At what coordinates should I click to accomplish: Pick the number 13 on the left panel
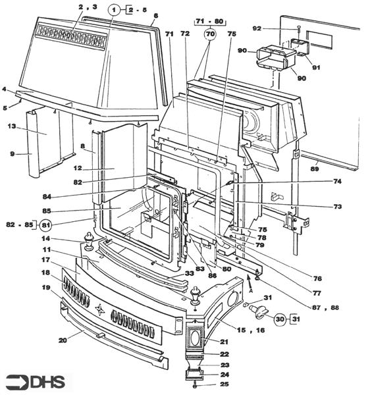pyautogui.click(x=11, y=126)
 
